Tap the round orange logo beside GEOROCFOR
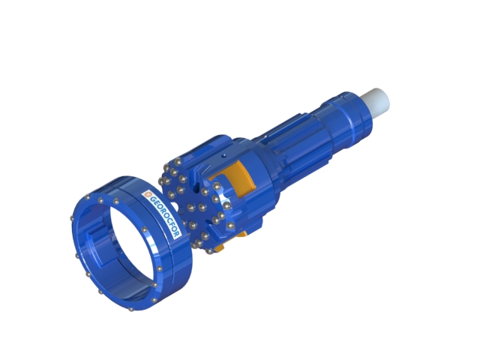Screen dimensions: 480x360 coord(148,194)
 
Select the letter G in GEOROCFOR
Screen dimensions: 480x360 coord(152,200)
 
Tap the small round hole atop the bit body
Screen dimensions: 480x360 coord(223,155)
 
